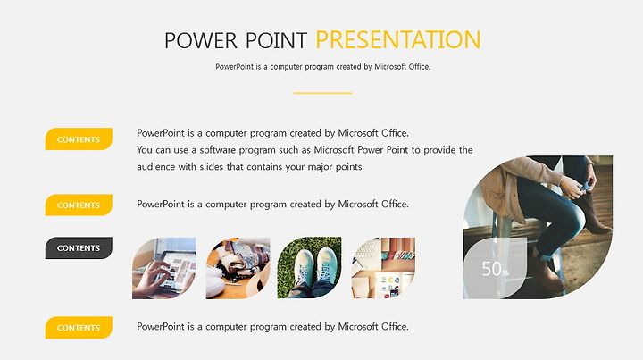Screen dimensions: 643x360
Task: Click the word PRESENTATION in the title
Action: coord(397,40)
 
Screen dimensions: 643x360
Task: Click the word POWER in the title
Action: coord(201,40)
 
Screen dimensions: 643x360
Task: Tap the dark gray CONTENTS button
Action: coord(79,247)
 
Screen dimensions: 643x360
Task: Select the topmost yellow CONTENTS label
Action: coord(79,139)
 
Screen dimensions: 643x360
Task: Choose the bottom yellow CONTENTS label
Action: coord(79,328)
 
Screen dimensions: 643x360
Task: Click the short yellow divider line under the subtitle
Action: coord(322,93)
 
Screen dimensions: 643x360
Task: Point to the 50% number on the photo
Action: coord(495,269)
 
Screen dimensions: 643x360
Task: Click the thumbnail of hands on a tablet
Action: coord(163,268)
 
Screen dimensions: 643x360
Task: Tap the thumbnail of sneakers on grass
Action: coord(309,268)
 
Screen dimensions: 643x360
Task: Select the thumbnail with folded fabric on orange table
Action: coord(238,268)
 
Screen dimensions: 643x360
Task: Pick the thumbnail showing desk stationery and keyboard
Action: coord(383,268)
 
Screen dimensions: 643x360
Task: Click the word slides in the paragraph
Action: coord(211,167)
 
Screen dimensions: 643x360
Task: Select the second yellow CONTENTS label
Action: coord(79,205)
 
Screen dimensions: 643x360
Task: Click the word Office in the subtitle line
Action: coord(418,66)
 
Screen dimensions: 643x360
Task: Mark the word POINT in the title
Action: coord(276,40)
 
